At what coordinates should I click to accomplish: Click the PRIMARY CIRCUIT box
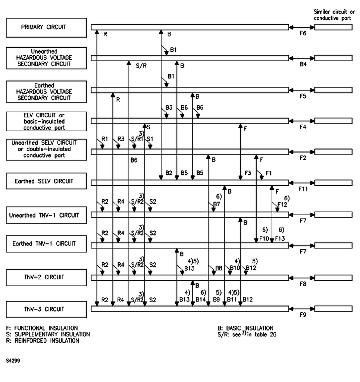(47, 27)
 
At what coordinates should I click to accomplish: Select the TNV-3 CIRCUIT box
(47, 309)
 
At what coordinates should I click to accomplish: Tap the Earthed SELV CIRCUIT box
(47, 181)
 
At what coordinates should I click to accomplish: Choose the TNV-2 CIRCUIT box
(47, 277)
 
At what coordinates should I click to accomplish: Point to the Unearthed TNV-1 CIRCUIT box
(47, 215)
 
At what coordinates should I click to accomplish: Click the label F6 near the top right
(303, 34)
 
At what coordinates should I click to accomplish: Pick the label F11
(303, 189)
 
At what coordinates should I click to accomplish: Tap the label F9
(303, 315)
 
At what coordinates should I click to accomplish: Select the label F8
(303, 284)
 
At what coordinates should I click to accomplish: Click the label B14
(201, 299)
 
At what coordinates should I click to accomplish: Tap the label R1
(104, 140)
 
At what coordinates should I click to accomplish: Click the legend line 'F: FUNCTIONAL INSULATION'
(42, 328)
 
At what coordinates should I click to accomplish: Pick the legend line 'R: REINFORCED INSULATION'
(43, 341)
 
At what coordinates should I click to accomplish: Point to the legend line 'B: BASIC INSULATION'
(245, 328)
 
